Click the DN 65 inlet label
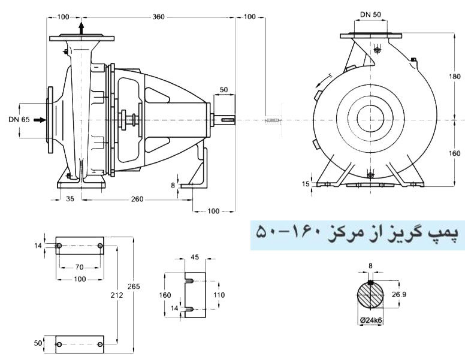coord(19,120)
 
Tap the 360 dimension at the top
coord(158,17)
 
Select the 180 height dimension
coord(456,77)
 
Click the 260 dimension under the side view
coord(137,199)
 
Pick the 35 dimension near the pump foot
coord(70,199)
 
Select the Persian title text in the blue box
coord(357,232)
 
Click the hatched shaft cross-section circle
coord(371,295)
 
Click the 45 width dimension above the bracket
coord(194,258)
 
